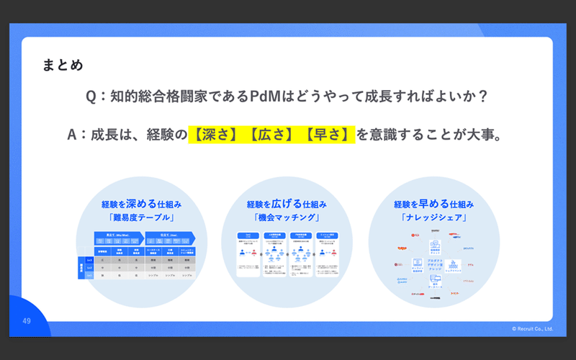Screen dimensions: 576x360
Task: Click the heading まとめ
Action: point(63,66)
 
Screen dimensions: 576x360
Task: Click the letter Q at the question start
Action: point(91,96)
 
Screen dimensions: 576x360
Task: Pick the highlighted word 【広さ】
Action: point(272,134)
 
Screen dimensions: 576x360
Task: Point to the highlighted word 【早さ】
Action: point(328,134)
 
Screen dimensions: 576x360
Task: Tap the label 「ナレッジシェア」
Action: point(433,217)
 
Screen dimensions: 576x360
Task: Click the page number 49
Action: point(26,320)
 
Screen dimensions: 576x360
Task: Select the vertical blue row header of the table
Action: point(81,267)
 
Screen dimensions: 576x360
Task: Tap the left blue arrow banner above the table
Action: point(120,235)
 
